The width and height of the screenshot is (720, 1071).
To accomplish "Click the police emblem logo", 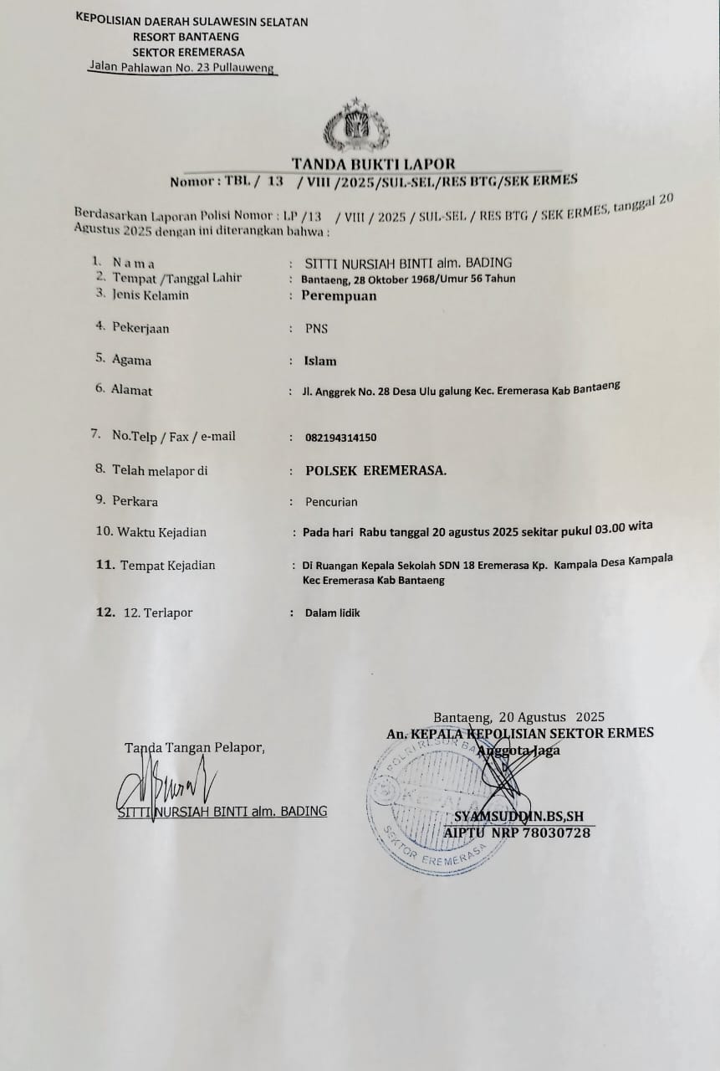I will (x=356, y=126).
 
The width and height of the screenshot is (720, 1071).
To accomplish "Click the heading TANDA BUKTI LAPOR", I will (x=374, y=164).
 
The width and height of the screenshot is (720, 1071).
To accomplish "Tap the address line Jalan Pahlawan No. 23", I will (x=182, y=68).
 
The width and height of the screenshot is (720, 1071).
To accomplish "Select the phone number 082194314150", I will (x=340, y=437).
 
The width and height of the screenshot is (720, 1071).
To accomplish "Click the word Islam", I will (x=320, y=361).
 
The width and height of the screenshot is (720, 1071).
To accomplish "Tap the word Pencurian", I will (x=331, y=502).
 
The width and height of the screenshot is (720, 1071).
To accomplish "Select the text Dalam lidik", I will (x=332, y=612).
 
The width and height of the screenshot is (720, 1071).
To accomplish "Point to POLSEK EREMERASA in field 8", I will (x=375, y=470).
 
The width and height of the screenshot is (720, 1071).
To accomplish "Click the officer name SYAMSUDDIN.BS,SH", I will (x=518, y=817).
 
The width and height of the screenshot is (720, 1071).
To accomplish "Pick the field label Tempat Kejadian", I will (x=167, y=565).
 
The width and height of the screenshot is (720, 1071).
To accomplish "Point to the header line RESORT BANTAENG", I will (x=186, y=36).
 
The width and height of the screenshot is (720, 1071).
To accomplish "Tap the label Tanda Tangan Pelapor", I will (x=194, y=747).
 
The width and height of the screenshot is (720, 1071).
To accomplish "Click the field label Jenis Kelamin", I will (x=151, y=295).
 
